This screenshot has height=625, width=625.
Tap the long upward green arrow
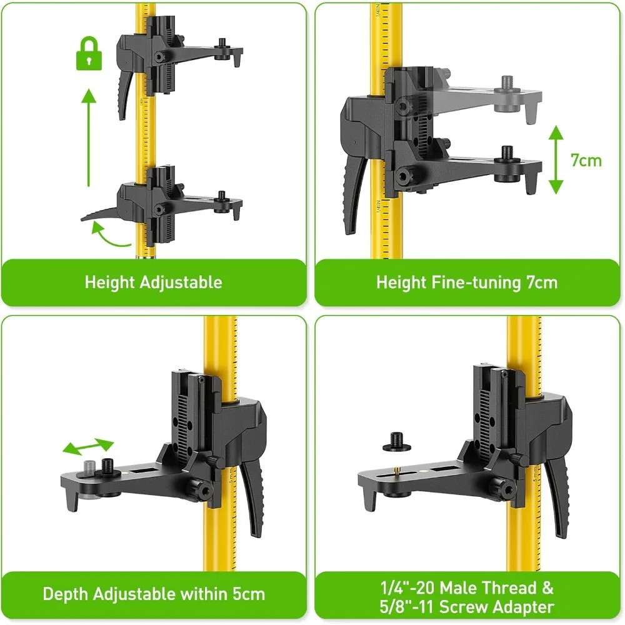click(88, 137)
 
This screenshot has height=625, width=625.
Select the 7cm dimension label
click(586, 160)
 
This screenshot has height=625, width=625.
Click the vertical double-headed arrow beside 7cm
click(556, 159)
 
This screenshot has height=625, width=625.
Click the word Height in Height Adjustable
click(110, 282)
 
